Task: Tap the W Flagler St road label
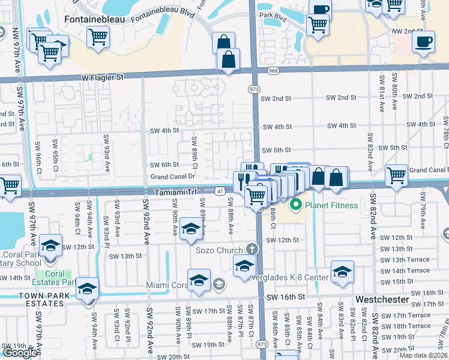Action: coord(103,77)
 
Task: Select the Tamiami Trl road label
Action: coord(175,192)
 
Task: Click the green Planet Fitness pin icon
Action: coord(295,205)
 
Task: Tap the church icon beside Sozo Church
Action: coord(252,249)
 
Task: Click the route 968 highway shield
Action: coord(274,71)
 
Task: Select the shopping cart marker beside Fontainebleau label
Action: coord(97,37)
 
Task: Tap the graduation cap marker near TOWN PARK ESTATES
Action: coord(88,289)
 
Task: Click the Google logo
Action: coord(20,352)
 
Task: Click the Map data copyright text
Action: coord(423,355)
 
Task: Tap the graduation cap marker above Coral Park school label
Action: coord(51,245)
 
